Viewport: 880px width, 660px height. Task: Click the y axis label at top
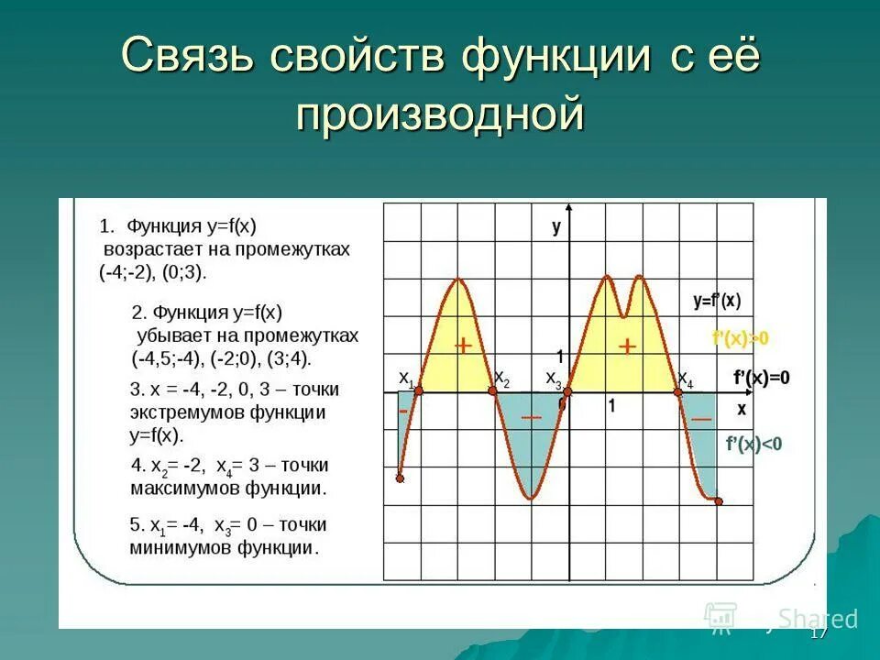point(556,227)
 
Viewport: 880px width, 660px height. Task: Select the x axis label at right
point(741,408)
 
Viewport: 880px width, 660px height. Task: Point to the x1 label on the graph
point(406,378)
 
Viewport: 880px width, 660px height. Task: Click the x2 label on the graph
point(501,378)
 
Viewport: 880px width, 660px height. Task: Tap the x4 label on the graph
point(685,378)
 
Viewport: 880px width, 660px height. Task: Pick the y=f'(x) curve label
point(717,300)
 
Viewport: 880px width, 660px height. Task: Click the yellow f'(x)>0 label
point(740,338)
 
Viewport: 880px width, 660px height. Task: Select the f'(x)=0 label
point(761,377)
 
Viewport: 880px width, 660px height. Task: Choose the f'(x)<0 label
point(753,445)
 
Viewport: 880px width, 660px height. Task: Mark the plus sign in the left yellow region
point(463,345)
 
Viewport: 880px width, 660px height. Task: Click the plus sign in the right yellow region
point(627,346)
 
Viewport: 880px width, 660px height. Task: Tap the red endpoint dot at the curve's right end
point(718,500)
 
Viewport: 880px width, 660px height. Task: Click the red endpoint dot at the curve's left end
point(400,478)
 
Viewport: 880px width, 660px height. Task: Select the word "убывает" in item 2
point(170,335)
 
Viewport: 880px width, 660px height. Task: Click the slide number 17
point(819,634)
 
